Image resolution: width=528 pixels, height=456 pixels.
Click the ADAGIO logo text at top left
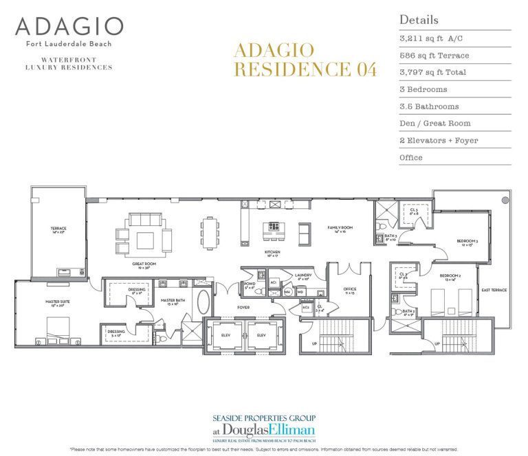(x=69, y=27)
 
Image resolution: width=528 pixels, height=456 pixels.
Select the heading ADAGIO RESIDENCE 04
(x=305, y=60)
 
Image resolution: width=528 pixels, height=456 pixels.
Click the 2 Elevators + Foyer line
(x=438, y=140)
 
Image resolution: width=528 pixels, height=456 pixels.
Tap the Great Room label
(x=145, y=263)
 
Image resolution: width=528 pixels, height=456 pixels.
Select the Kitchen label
(x=274, y=252)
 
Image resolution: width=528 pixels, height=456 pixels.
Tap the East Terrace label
(x=494, y=290)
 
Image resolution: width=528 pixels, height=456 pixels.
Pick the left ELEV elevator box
(x=225, y=334)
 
